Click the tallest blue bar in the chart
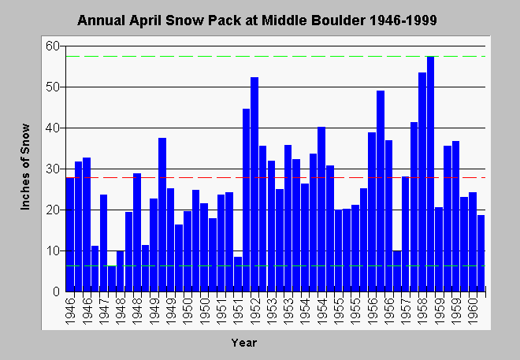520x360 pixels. coord(430,174)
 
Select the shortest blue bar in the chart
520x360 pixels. coord(112,278)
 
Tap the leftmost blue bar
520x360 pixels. coord(70,235)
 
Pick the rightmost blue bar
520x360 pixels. coord(481,253)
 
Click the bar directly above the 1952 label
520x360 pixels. coord(254,184)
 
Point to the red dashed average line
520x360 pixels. coord(276,178)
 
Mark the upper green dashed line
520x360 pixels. coord(276,57)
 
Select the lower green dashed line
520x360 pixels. coord(276,265)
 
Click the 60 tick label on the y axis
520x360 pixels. coord(53,46)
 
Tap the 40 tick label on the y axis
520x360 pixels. coord(53,128)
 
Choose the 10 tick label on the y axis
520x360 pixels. coord(53,251)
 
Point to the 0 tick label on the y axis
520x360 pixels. coord(57,291)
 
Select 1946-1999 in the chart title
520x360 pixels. coord(403,20)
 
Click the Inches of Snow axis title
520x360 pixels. coord(25,167)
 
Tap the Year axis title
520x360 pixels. coord(244,343)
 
